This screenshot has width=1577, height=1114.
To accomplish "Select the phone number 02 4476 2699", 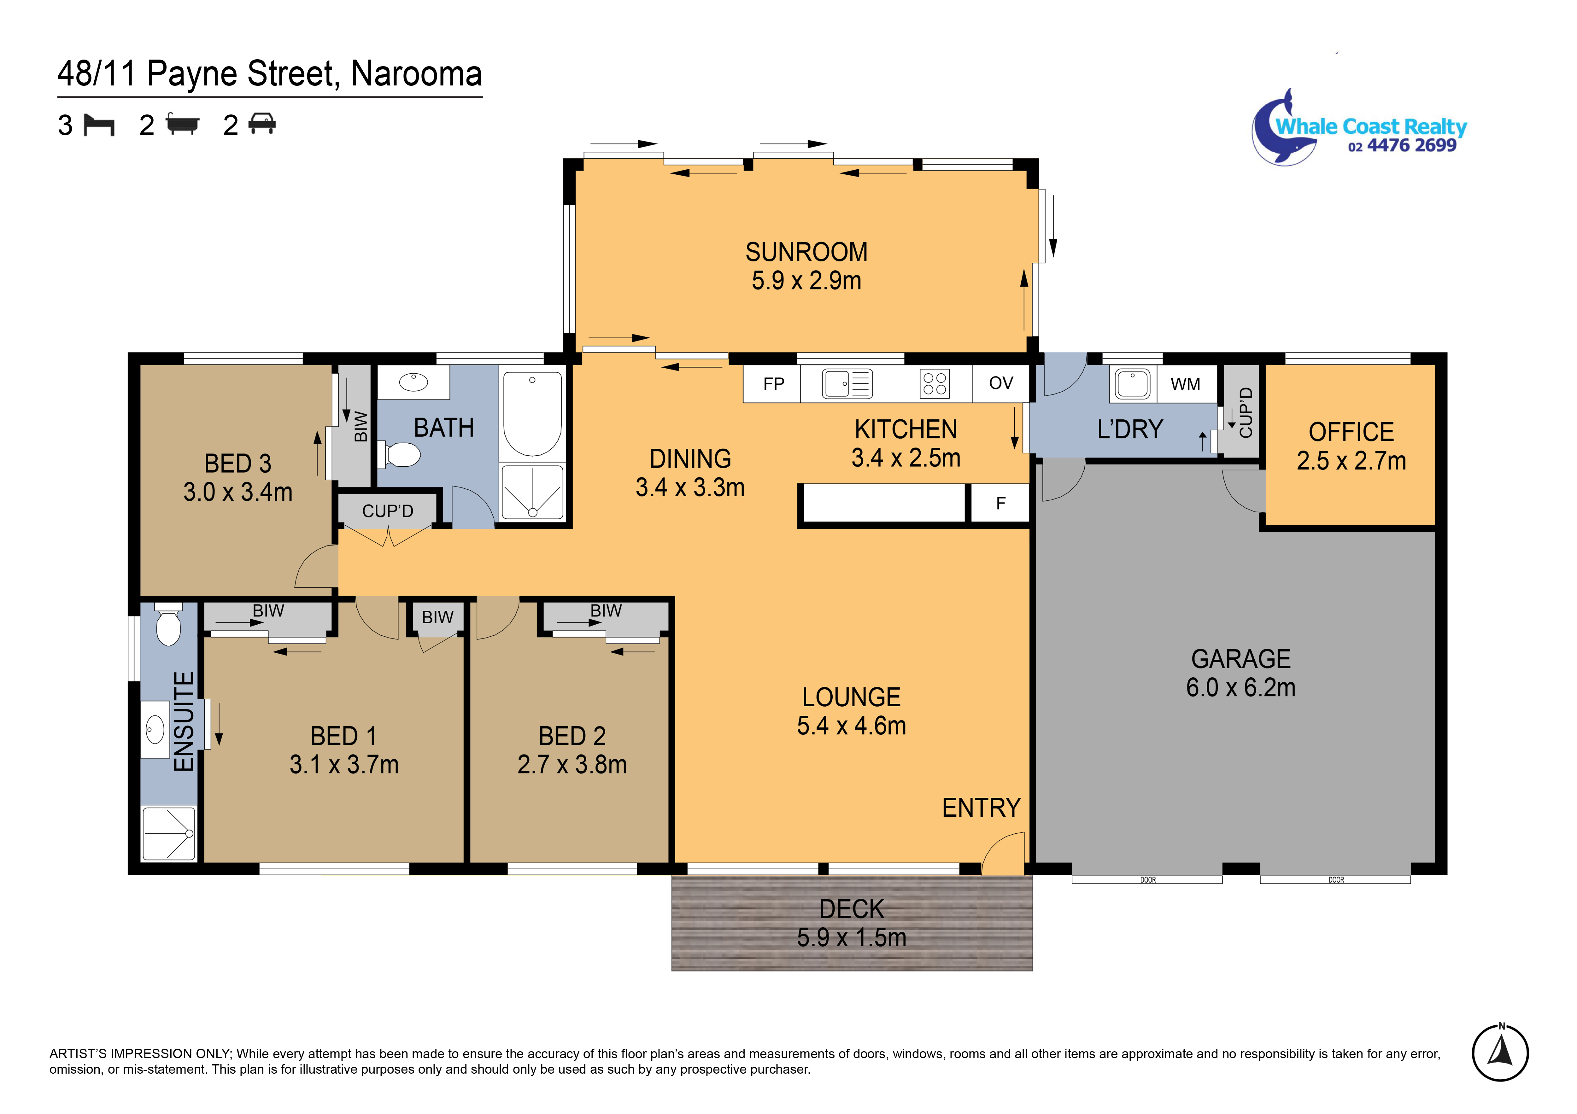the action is pos(1402,146).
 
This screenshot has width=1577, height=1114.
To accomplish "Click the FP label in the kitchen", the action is pos(773,384).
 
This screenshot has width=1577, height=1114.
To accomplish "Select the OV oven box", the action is pos(1001,383).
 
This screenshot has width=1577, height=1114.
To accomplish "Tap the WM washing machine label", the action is pos(1186,384).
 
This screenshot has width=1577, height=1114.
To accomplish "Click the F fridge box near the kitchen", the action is pos(1000,504).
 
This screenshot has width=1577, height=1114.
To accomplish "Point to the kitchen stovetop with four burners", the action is pos(934,383).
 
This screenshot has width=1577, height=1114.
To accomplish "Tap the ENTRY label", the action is pos(981,808).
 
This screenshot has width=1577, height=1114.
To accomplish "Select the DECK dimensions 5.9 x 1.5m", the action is pos(852,937).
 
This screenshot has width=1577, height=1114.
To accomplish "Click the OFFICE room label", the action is pos(1351,432).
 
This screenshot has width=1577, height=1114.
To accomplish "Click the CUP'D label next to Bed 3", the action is pos(387,511).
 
